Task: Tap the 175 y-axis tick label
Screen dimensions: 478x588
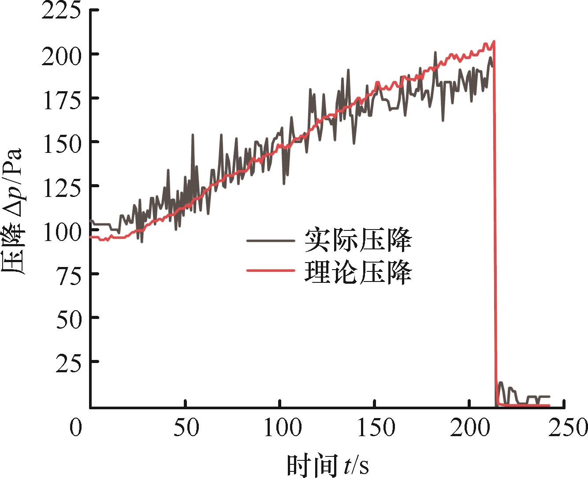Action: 62,100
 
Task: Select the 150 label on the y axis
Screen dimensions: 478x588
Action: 62,144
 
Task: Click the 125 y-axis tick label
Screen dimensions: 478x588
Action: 62,187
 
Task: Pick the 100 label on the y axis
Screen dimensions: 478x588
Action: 62,231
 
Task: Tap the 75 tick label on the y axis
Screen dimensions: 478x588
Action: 70,275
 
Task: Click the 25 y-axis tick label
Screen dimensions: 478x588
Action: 70,363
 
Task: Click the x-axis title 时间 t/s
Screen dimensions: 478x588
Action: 328,464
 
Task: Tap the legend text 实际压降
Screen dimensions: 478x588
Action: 358,241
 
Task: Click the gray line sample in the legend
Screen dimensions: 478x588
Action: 270,241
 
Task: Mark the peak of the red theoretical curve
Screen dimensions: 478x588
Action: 494,41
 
